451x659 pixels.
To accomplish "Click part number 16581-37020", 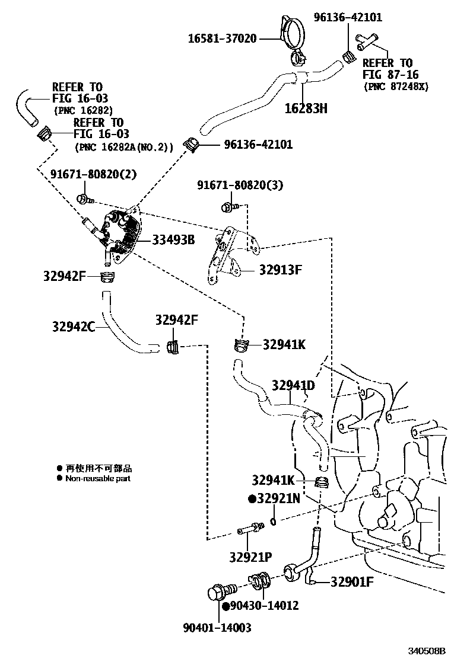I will pos(222,39).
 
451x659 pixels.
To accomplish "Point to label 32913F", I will pos(280,270).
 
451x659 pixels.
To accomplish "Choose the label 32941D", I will pos(293,386).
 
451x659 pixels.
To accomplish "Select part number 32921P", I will pos(250,557).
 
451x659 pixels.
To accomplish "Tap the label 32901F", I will pos(352,581).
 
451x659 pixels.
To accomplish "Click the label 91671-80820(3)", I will pos(240,185).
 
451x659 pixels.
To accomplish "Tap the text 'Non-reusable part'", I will pos(98,478).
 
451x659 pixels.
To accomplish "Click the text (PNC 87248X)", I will pos(396,87).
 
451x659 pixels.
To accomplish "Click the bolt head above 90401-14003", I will pos(218,593).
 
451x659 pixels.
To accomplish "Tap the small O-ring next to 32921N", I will pos(272,521).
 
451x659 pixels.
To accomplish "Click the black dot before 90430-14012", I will pos(226,606).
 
